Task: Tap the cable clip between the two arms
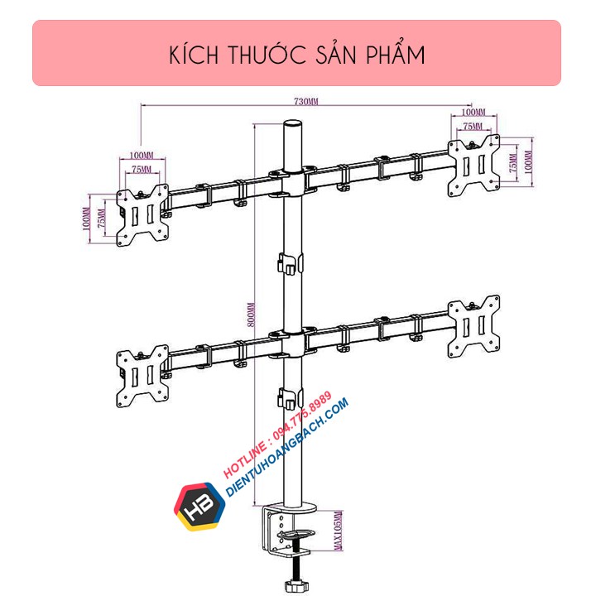coord(287,265)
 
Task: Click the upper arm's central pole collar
coord(291,181)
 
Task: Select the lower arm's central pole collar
coord(291,342)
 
